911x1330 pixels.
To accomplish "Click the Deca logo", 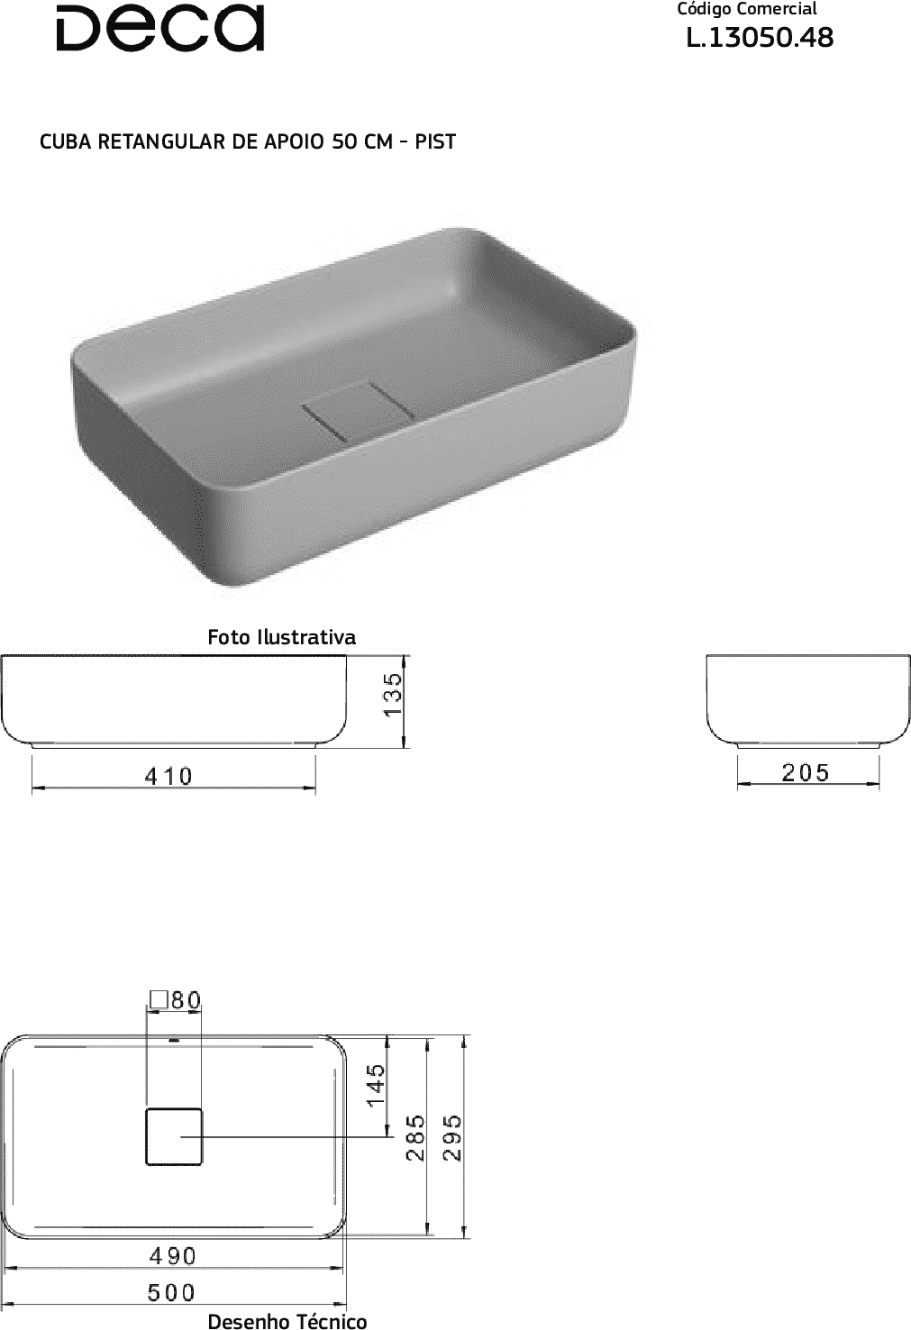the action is coord(160,29).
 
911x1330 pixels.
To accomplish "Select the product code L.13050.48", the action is coord(760,38).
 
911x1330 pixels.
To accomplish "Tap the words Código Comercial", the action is coord(747,9).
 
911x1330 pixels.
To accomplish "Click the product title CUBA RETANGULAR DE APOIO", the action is coord(182,141).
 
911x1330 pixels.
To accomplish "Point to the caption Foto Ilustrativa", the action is coord(281,637).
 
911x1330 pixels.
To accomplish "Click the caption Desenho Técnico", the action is coord(287,1321).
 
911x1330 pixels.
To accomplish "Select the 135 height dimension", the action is coord(393,695).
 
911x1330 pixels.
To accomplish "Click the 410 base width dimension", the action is coord(169,777).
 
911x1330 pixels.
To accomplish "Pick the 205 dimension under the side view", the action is coord(806,772).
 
